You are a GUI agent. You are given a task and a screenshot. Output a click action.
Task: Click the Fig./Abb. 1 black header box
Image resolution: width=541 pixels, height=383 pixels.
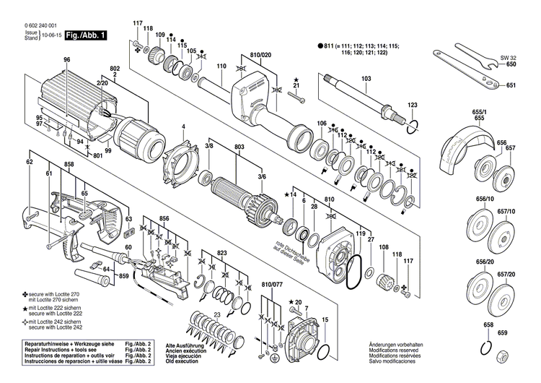(84, 35)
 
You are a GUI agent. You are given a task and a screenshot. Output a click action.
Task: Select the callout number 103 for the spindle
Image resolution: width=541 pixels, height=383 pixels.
(366, 78)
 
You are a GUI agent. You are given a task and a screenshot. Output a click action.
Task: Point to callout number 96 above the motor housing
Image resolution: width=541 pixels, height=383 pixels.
(67, 59)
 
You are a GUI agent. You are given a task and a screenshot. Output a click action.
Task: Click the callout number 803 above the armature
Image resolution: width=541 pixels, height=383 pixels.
(239, 147)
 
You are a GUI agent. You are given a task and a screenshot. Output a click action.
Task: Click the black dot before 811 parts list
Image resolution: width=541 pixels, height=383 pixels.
(320, 46)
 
